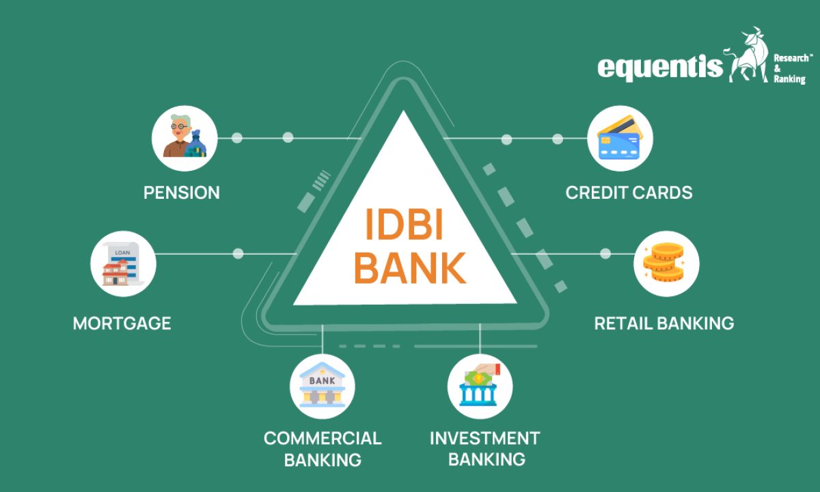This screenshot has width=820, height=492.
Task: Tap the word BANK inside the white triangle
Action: click(x=409, y=266)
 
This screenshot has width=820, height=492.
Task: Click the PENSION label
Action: click(x=182, y=193)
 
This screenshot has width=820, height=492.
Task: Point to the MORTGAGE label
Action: click(x=122, y=323)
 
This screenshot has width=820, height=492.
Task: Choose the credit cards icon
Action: click(x=620, y=138)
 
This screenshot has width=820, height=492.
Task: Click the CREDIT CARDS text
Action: click(x=629, y=193)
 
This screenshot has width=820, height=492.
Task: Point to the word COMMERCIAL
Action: click(x=323, y=438)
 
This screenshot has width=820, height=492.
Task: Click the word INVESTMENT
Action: click(x=484, y=438)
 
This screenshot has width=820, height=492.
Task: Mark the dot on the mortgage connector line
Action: click(x=238, y=254)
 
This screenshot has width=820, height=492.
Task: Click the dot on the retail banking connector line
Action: click(x=605, y=254)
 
